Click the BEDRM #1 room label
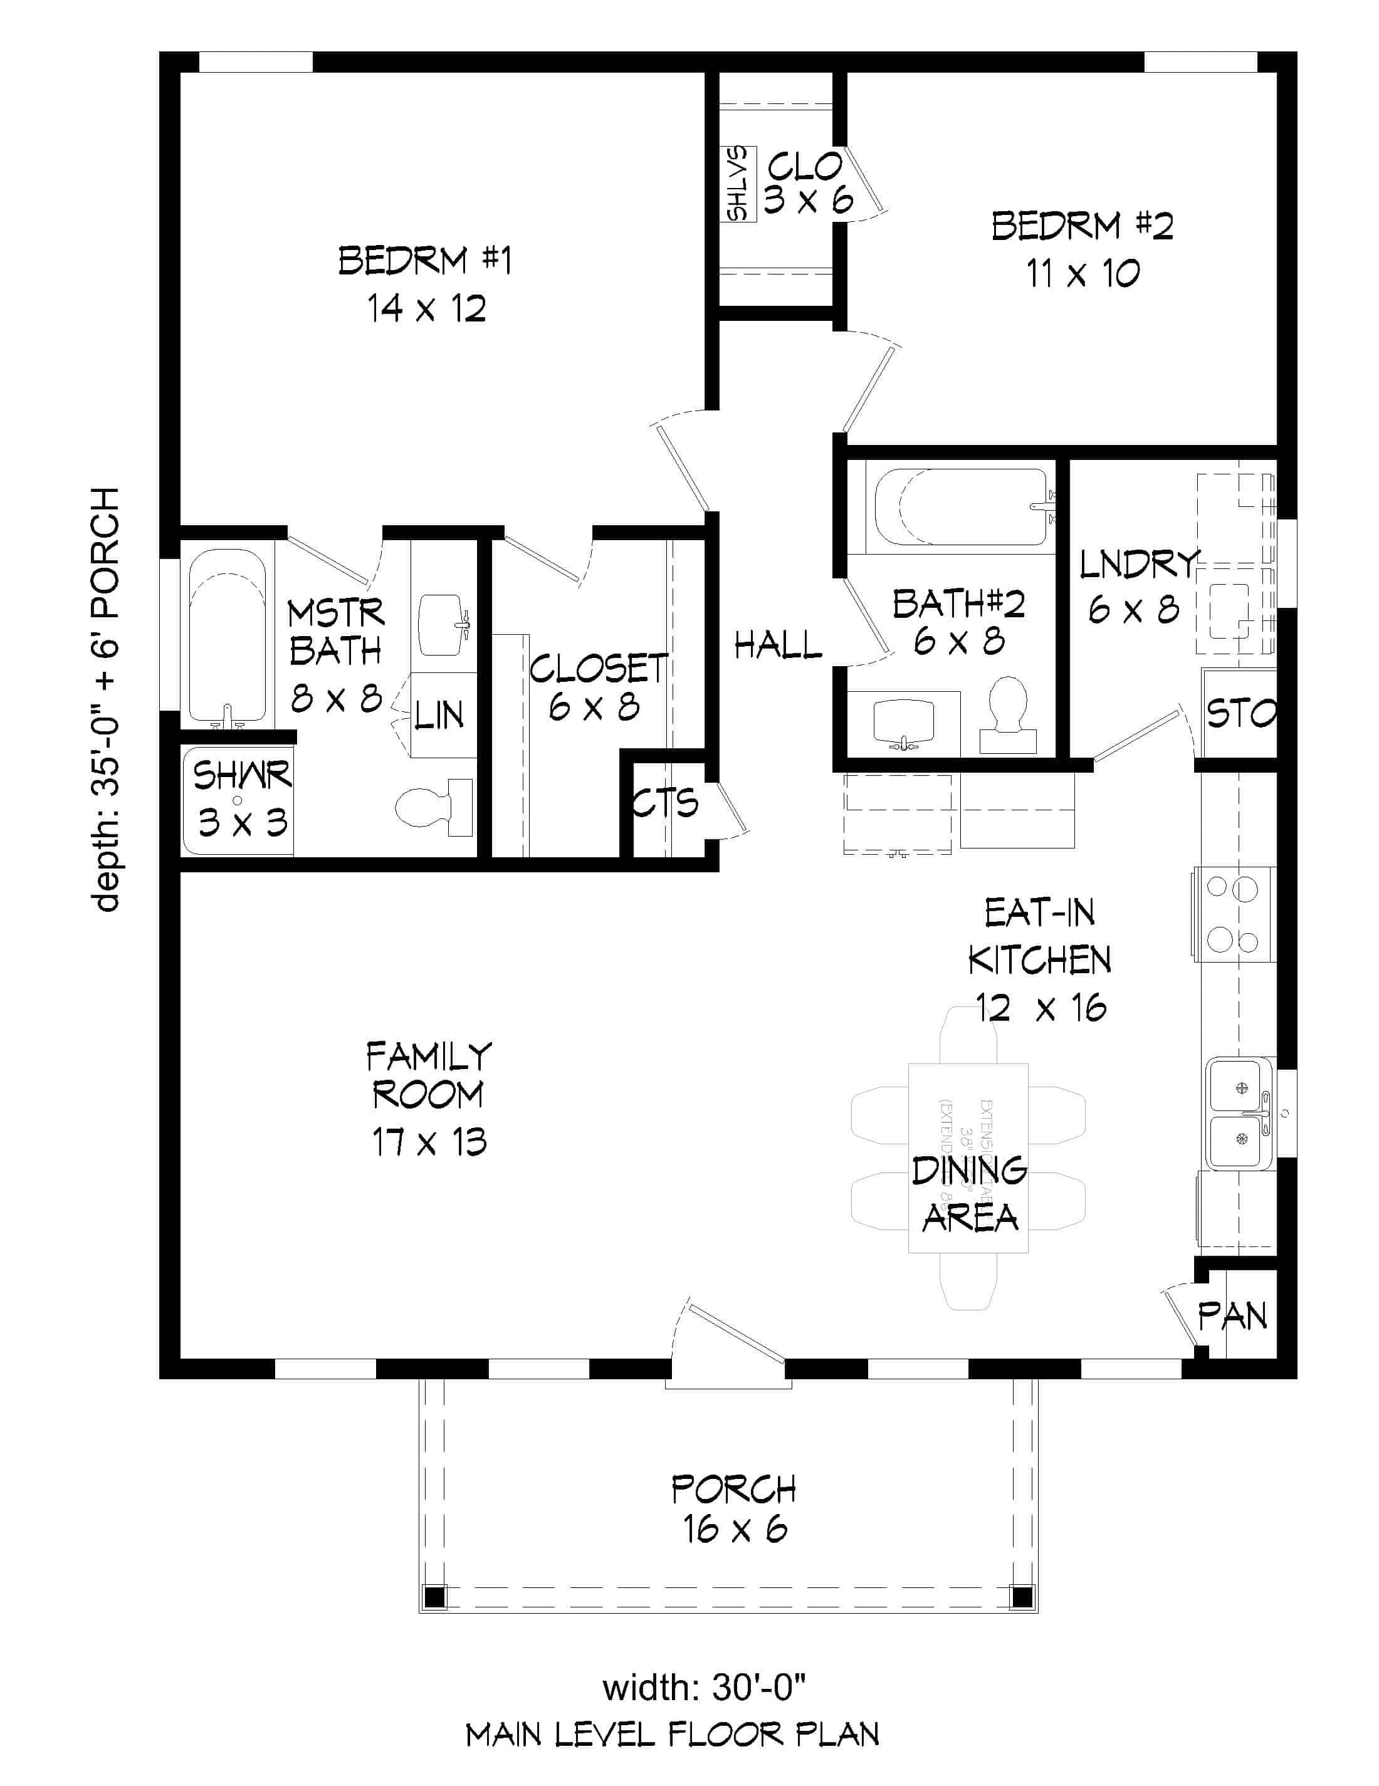click(x=424, y=260)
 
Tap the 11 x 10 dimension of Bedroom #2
click(x=1082, y=274)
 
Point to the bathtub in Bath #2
click(x=961, y=506)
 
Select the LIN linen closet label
click(x=439, y=716)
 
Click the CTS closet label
click(x=665, y=803)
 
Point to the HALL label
click(x=777, y=645)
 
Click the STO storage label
click(x=1240, y=714)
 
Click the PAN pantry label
click(x=1232, y=1316)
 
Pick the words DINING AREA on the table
click(x=969, y=1193)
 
